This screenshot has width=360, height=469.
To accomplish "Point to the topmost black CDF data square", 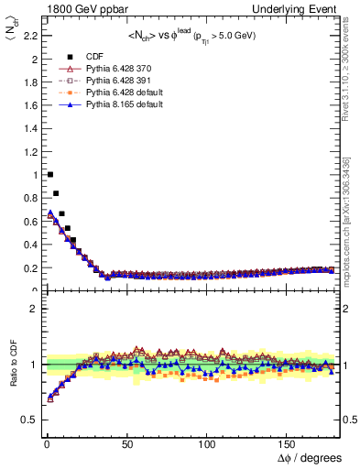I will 50,174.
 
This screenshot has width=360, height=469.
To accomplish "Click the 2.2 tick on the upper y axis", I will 30,36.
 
